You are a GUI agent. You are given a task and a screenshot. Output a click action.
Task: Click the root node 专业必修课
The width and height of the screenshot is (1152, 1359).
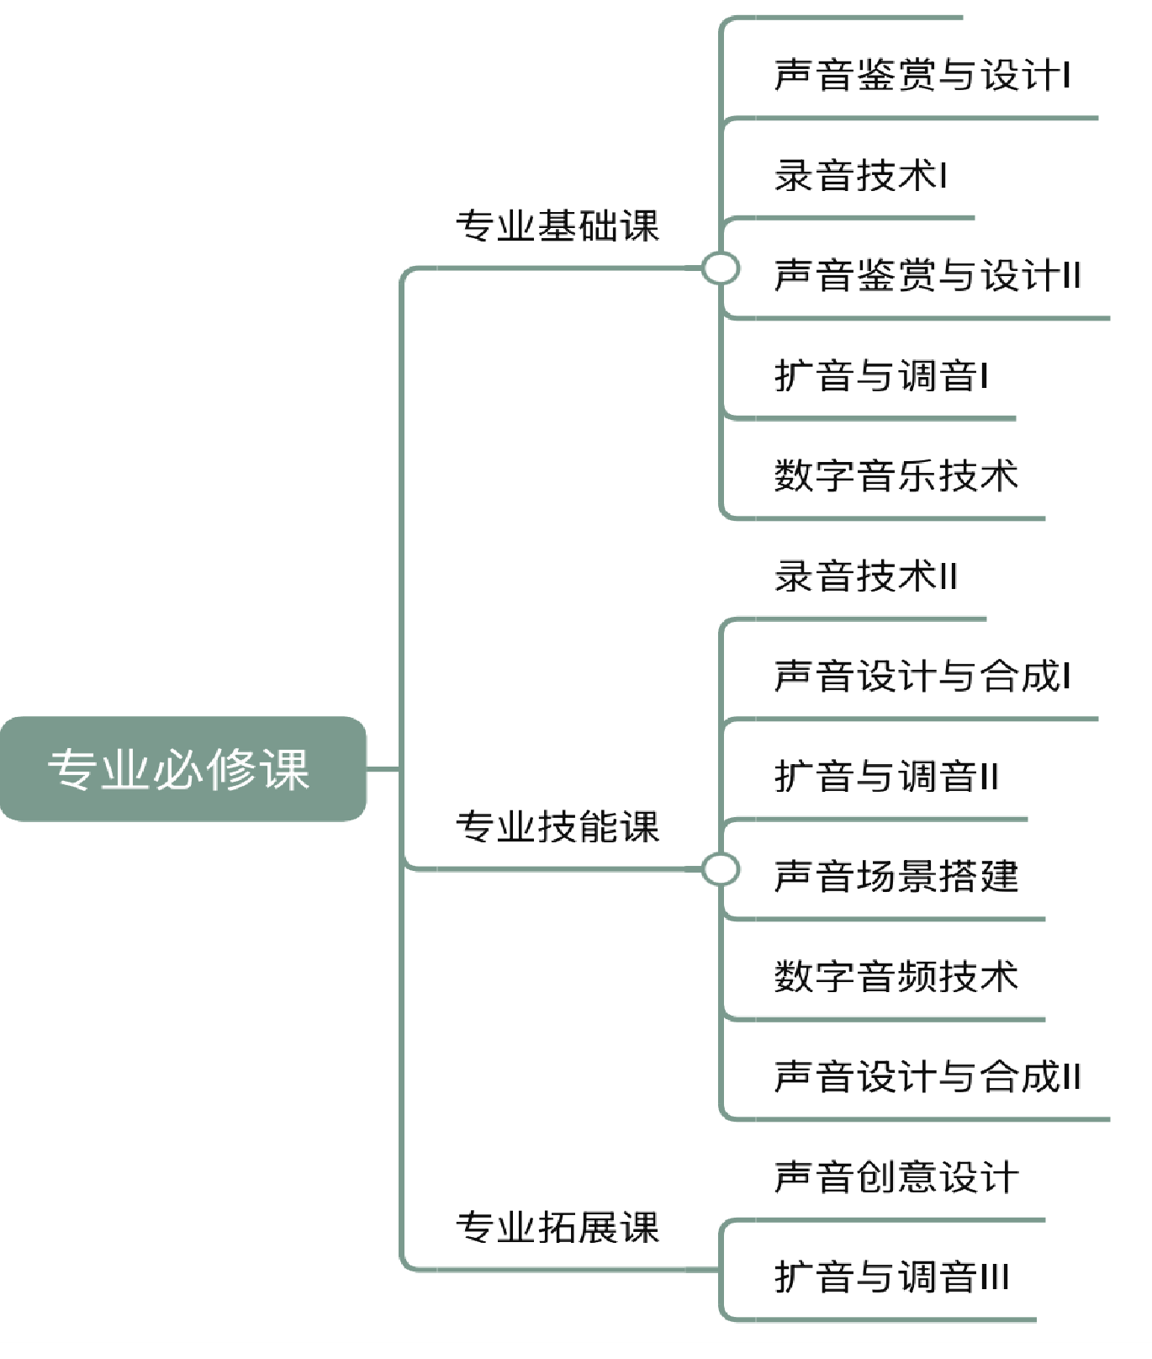click(x=182, y=768)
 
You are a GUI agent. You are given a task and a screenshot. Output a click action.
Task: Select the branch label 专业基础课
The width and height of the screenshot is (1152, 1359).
click(x=558, y=226)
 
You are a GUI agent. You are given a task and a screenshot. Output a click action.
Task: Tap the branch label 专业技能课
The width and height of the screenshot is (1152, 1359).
click(x=558, y=826)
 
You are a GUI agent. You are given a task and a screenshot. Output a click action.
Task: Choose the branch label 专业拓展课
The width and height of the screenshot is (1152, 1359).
click(x=558, y=1227)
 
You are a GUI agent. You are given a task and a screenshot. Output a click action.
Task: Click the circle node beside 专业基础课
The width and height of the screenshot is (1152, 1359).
click(x=721, y=269)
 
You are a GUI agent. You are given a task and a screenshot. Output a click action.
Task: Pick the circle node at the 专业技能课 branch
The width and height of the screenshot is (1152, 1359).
click(x=721, y=869)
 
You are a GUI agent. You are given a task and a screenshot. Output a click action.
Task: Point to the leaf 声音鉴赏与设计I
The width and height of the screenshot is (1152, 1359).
click(x=922, y=75)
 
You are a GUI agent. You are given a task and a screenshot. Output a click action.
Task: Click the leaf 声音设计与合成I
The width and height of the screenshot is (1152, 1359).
click(x=922, y=676)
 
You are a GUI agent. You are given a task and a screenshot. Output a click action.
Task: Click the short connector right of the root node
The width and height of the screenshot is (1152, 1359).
click(x=383, y=768)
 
